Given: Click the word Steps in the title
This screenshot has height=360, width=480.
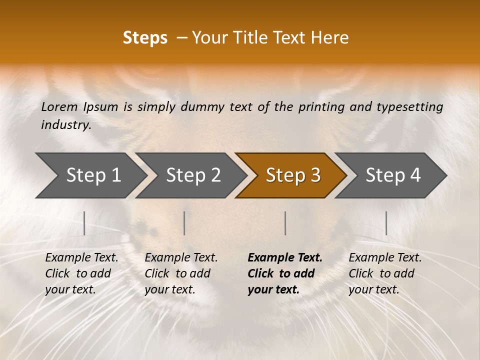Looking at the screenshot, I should (145, 38).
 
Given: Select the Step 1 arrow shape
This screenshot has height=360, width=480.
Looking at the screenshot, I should (90, 175).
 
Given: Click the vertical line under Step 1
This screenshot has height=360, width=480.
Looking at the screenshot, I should (84, 223).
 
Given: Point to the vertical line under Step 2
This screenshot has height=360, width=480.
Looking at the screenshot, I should (184, 223).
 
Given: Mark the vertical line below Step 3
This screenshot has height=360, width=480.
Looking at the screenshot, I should (285, 223).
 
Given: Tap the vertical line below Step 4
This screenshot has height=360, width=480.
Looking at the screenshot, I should (386, 223).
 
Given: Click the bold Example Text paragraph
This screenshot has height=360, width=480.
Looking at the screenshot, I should (284, 273).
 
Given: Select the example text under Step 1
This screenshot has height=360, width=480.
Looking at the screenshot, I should (81, 273).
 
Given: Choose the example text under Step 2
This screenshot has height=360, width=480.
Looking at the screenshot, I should (181, 273).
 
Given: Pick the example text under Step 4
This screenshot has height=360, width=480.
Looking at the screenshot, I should (385, 273).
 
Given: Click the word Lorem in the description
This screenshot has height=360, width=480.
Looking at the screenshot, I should (59, 106).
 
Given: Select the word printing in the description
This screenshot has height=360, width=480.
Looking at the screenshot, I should (317, 106).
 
